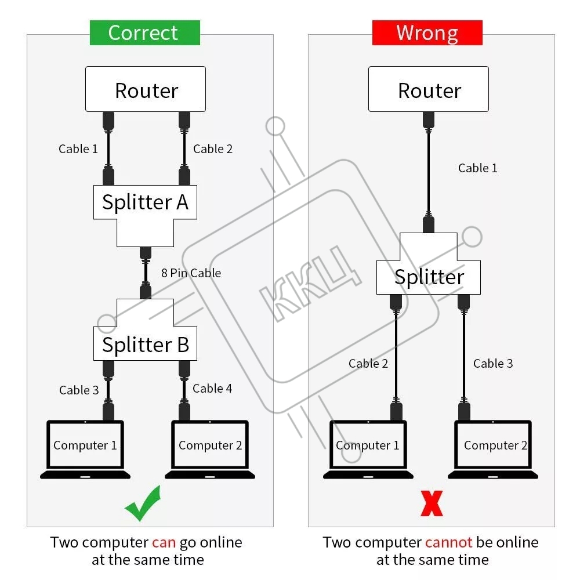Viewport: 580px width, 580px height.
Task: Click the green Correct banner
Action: click(144, 33)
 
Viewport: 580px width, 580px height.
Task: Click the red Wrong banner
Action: click(427, 33)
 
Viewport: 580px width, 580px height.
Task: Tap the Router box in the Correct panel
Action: click(146, 89)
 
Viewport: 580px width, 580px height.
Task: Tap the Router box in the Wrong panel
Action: click(429, 89)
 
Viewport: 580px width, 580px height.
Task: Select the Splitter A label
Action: click(145, 202)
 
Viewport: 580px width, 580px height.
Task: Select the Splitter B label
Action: click(145, 344)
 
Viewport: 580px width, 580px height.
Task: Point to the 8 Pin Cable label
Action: click(191, 273)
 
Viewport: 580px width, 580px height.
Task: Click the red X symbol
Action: click(432, 503)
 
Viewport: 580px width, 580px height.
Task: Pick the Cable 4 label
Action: click(212, 389)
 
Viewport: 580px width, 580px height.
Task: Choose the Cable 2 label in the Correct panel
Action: click(212, 149)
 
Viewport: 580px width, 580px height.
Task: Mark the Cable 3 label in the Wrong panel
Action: click(493, 364)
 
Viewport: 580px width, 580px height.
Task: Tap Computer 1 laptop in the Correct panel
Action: click(85, 449)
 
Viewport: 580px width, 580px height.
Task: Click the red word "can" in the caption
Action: click(164, 543)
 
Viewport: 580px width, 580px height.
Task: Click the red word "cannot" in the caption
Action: click(449, 543)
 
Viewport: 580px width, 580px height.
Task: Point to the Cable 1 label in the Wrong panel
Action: click(477, 168)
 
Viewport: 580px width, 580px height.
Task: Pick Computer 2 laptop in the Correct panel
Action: click(210, 449)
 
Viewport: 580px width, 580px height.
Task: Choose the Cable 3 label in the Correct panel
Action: click(79, 390)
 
